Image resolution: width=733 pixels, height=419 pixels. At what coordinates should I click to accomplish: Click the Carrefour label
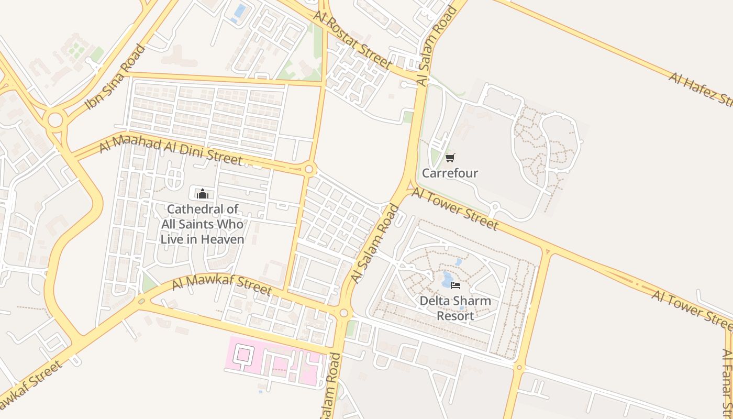[x=450, y=173]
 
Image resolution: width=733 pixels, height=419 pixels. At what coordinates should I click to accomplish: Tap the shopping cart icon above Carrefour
[x=450, y=158]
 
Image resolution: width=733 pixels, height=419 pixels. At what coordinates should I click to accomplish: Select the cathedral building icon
[x=202, y=194]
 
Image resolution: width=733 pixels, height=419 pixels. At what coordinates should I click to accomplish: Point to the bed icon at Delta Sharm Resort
[x=456, y=285]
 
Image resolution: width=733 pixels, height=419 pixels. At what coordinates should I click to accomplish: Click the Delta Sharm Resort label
[x=456, y=308]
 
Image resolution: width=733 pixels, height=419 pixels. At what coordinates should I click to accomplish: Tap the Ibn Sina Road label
[x=115, y=78]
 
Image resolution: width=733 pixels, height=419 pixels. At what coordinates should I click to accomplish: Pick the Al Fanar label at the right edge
[x=727, y=382]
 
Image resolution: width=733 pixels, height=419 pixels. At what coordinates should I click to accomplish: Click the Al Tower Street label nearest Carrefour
[x=454, y=209]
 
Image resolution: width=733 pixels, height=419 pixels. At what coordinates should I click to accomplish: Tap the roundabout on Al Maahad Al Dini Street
[x=309, y=169]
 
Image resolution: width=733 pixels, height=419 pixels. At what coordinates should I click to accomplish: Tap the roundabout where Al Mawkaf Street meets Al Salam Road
[x=343, y=313]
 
